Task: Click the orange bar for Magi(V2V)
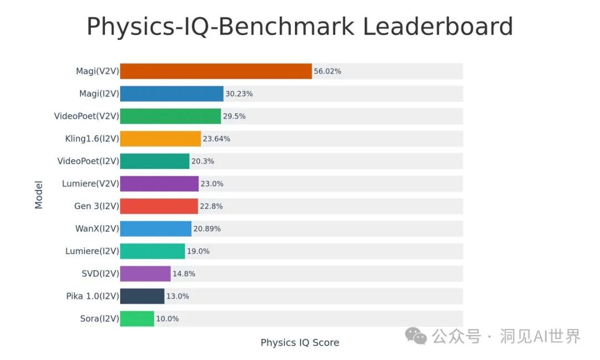[x=216, y=71]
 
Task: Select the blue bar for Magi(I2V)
[x=172, y=94]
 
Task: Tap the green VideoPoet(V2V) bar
[x=170, y=116]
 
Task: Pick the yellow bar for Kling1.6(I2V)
[x=160, y=139]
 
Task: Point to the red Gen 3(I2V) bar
[x=159, y=206]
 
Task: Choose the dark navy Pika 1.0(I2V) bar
[x=142, y=296]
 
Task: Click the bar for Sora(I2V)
[x=137, y=319]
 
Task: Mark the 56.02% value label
[x=327, y=71]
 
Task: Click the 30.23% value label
[x=239, y=94]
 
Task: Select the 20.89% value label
[x=207, y=229]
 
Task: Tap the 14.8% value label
[x=184, y=274]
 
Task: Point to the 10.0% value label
[x=167, y=319]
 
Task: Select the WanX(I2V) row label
[x=97, y=229]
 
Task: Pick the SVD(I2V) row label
[x=100, y=274]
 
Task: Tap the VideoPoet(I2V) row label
[x=88, y=161]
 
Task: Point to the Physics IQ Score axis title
[x=300, y=343]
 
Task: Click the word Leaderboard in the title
[x=438, y=27]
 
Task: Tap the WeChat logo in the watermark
[x=416, y=336]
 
